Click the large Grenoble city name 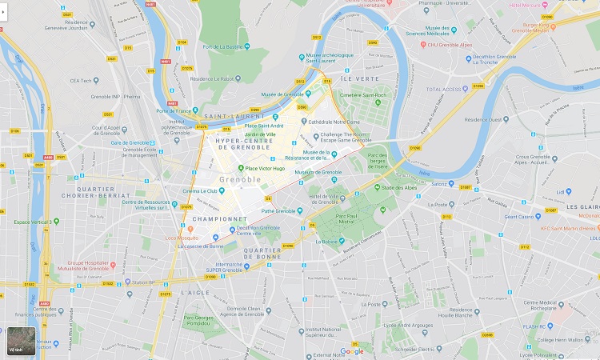[x=239, y=180]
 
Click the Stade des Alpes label [x=401, y=188]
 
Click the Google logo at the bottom [x=352, y=351]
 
